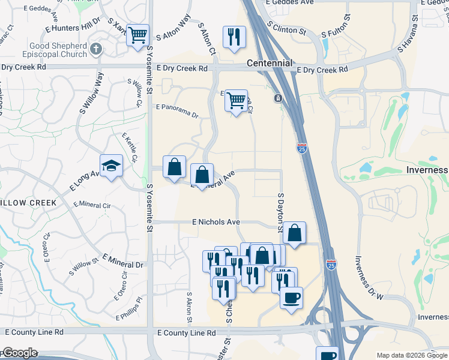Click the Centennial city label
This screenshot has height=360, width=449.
[x=270, y=63]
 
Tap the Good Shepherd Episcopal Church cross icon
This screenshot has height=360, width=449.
[x=95, y=47]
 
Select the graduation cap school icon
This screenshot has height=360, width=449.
[x=111, y=165]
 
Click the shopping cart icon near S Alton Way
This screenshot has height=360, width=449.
[x=137, y=35]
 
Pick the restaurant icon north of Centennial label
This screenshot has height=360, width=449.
[x=234, y=37]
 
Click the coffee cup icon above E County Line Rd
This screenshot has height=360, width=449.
[x=292, y=298]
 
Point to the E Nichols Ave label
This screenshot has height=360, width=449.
[x=216, y=222]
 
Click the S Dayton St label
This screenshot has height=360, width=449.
[x=280, y=212]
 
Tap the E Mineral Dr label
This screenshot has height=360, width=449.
[x=123, y=261]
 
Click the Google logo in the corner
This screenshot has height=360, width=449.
[x=20, y=353]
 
